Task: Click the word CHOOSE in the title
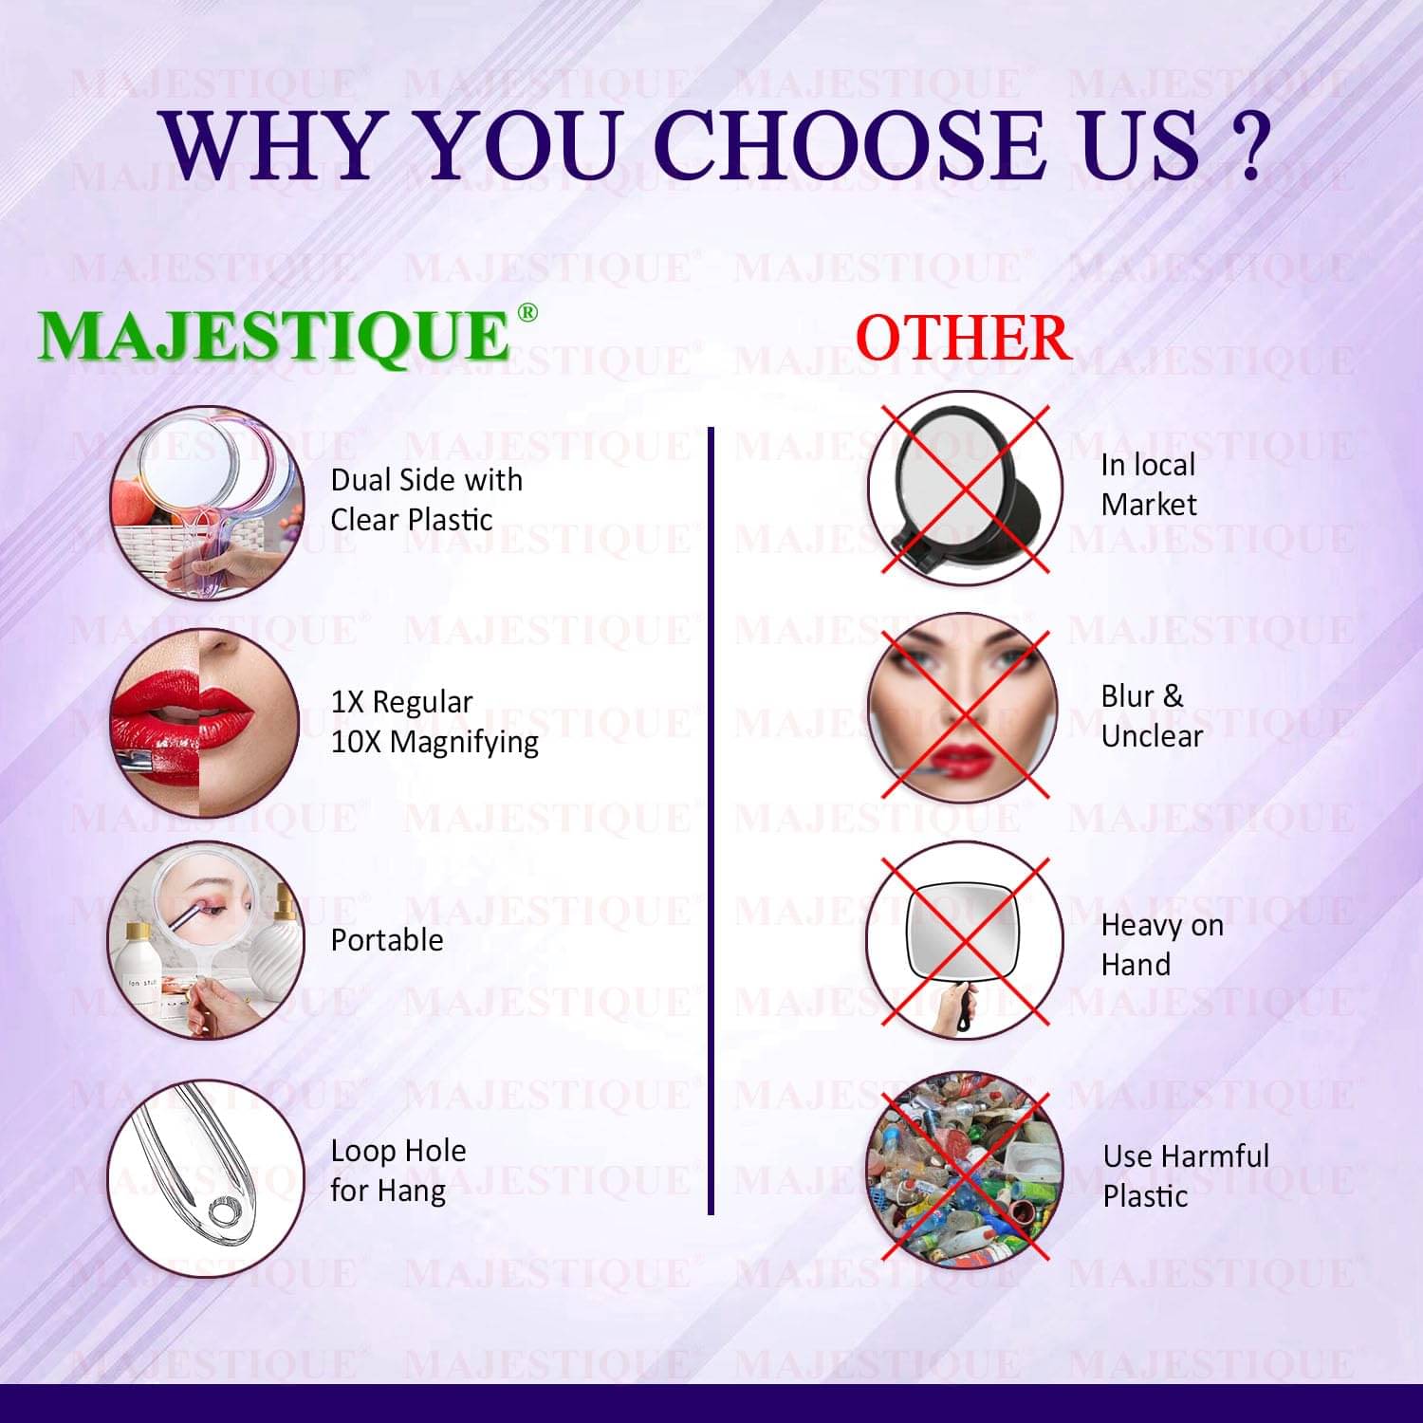[849, 144]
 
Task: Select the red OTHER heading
[963, 337]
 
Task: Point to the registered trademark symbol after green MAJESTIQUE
[527, 313]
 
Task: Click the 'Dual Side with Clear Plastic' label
[426, 500]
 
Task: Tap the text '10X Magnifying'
[434, 742]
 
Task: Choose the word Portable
[387, 939]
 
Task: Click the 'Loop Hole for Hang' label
[398, 1170]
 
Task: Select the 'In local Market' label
[1149, 484]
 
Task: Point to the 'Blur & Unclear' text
[1152, 715]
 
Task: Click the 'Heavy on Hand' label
[1162, 944]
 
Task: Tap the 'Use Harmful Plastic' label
[1186, 1175]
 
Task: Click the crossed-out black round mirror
[964, 488]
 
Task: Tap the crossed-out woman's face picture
[964, 708]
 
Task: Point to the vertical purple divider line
[710, 821]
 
